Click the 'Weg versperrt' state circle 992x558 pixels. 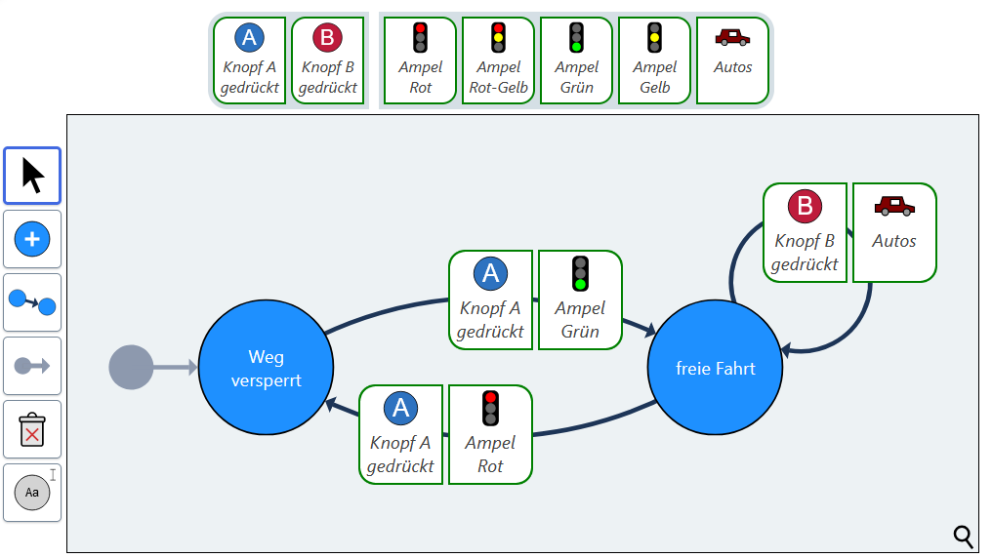coord(266,368)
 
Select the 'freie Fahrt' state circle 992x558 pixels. coord(715,368)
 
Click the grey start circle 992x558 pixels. coord(131,368)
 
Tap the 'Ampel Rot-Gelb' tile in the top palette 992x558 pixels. coord(498,60)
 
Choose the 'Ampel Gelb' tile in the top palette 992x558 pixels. coord(654,60)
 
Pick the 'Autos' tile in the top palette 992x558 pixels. coord(732,60)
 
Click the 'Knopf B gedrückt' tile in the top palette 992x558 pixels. coord(328,60)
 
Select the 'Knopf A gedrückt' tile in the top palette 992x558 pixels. coord(250,60)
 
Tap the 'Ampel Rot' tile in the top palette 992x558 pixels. coord(420,60)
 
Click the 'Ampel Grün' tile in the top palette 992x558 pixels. coord(576,60)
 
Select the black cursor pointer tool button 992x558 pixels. coord(32,176)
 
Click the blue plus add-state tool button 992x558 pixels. coord(32,239)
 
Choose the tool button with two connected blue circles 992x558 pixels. coord(32,302)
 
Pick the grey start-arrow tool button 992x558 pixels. coord(32,366)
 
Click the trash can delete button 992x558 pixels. coord(32,429)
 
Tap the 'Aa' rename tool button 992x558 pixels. coord(32,493)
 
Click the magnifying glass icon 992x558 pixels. coord(963,536)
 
